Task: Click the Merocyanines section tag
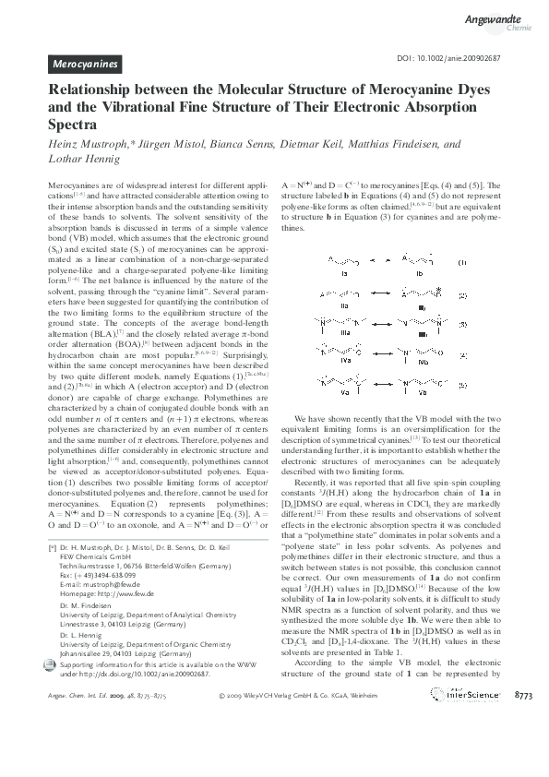tap(84, 65)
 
